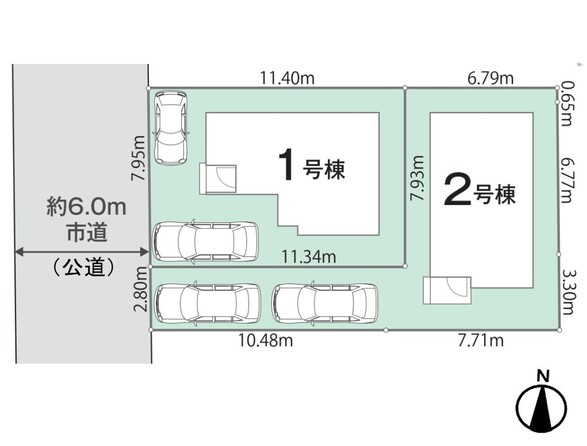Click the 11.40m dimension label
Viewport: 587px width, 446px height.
point(287,78)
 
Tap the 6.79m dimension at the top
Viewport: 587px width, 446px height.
point(490,78)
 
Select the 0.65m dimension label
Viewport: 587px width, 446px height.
point(566,104)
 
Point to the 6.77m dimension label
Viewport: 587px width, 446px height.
point(566,180)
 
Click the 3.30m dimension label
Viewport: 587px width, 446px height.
point(566,292)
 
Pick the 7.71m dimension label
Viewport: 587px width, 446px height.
point(481,340)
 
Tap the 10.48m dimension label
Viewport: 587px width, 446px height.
point(266,340)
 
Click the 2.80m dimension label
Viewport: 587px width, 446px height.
point(141,289)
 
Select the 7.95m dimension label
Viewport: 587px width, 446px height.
point(139,158)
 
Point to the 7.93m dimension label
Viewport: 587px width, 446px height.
point(417,178)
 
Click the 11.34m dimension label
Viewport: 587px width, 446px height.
point(308,257)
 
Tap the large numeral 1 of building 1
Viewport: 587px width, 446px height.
point(286,165)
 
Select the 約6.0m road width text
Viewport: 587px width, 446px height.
point(86,207)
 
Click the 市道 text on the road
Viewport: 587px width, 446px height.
point(87,232)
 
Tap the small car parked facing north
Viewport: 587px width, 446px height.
point(171,128)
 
